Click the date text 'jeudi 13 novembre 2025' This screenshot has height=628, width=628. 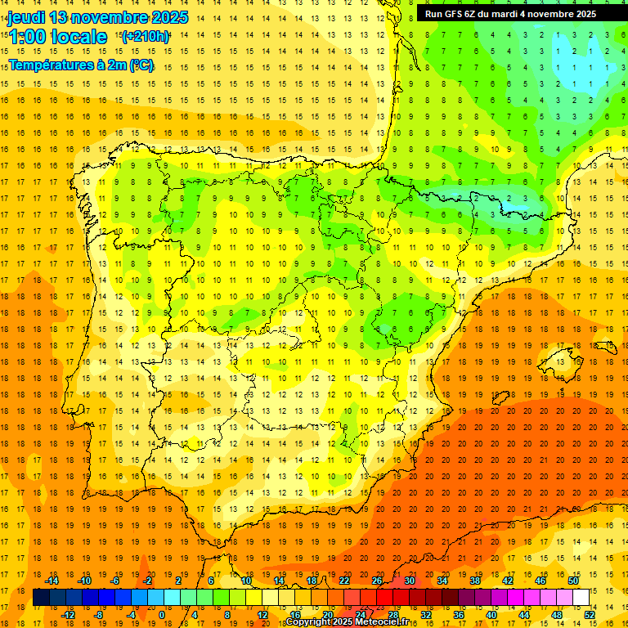pos(97,17)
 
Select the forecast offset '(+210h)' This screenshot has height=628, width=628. pos(146,37)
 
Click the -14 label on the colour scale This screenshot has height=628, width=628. pos(53,580)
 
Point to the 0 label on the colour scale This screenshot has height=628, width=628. pos(161,615)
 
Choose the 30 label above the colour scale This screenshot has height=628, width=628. pos(409,580)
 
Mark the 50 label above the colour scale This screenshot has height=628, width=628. pos(573,580)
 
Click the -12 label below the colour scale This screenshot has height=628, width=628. pos(69,615)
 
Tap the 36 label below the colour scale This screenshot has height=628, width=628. pos(459,615)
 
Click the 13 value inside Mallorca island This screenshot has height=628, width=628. pos(557,361)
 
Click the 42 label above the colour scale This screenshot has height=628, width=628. pos(508,580)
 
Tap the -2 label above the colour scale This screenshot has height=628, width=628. pos(147,580)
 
